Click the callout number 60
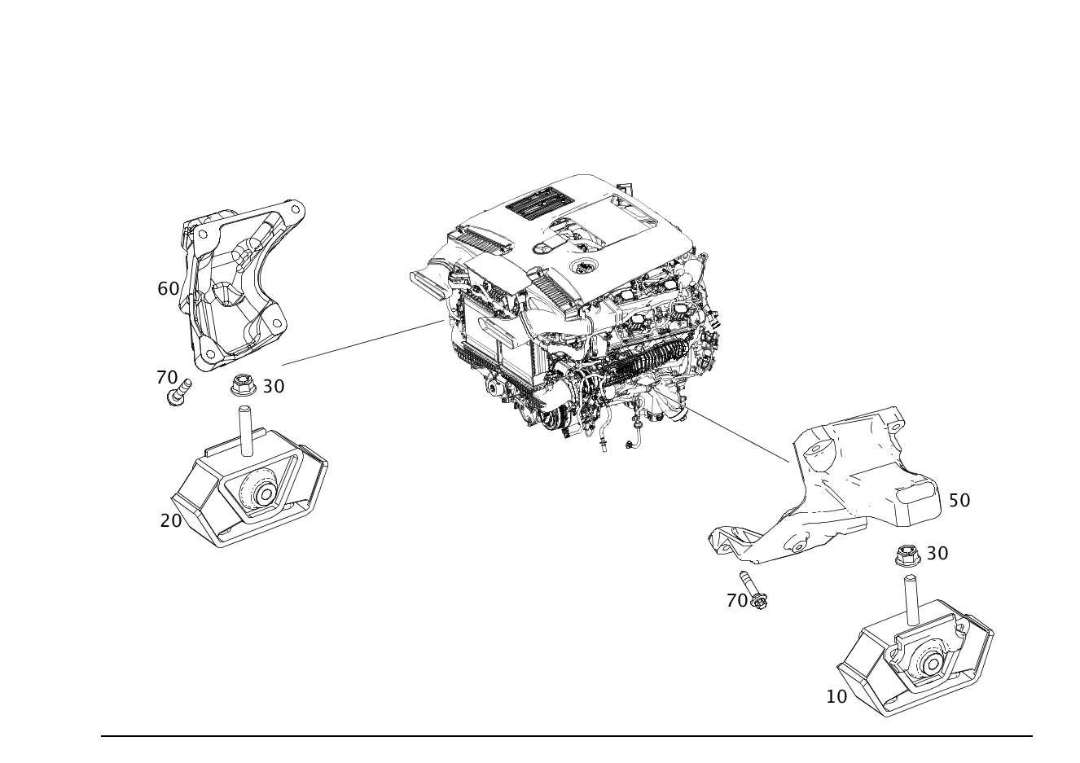pos(169,289)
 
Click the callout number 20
pos(171,520)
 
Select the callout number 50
pos(959,500)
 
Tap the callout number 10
pos(836,696)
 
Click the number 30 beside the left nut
pos(274,386)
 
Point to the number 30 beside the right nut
pos(937,554)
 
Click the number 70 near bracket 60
pos(167,377)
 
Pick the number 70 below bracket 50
pos(737,601)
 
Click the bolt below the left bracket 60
pos(179,392)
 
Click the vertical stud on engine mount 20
pos(246,431)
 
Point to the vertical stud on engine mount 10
pos(910,601)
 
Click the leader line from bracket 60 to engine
pos(362,342)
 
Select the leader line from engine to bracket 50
pos(737,435)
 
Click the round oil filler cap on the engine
pos(584,266)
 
